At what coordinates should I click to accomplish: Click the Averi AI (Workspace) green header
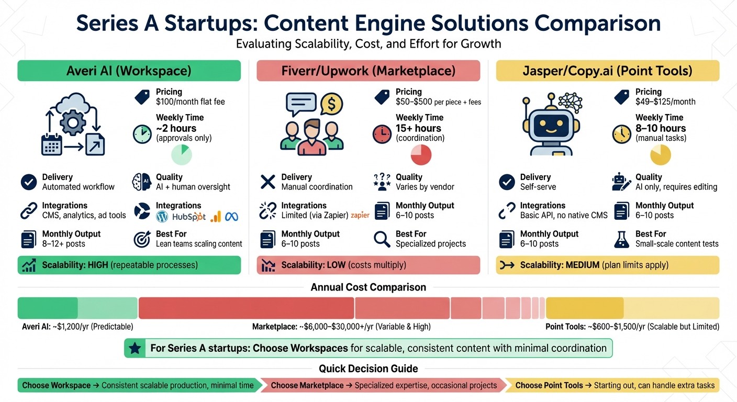pyautogui.click(x=129, y=71)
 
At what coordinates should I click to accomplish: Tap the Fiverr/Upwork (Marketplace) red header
pyautogui.click(x=368, y=71)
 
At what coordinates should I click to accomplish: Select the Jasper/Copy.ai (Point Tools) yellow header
pyautogui.click(x=607, y=71)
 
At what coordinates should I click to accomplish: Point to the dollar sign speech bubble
pyautogui.click(x=331, y=104)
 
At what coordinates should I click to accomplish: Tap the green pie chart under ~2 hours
pyautogui.click(x=182, y=155)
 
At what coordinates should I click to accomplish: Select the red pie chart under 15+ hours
pyautogui.click(x=421, y=155)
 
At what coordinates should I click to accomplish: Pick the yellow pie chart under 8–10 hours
pyautogui.click(x=660, y=155)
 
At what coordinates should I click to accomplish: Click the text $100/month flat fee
pyautogui.click(x=190, y=102)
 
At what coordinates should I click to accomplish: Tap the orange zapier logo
pyautogui.click(x=360, y=215)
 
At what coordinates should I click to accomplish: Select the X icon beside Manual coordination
pyautogui.click(x=267, y=182)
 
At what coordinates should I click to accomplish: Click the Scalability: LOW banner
pyautogui.click(x=368, y=265)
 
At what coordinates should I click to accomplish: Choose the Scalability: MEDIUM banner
pyautogui.click(x=607, y=265)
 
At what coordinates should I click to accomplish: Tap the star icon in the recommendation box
pyautogui.click(x=135, y=348)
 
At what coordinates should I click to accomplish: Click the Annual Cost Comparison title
pyautogui.click(x=368, y=287)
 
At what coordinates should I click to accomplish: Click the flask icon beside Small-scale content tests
pyautogui.click(x=621, y=239)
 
